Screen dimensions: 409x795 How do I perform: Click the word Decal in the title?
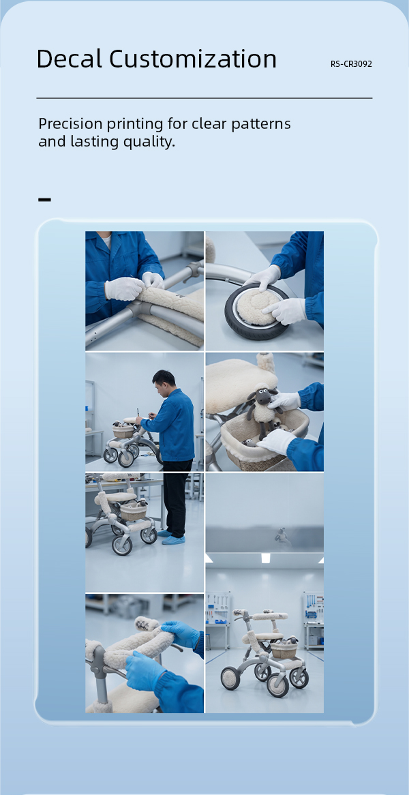click(69, 59)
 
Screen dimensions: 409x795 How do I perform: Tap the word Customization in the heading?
click(193, 59)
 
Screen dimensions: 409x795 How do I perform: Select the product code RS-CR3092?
click(351, 64)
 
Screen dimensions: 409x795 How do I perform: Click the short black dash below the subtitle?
click(44, 200)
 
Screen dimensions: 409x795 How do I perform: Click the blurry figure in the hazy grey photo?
click(282, 537)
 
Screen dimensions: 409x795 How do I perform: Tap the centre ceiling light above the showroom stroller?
click(266, 558)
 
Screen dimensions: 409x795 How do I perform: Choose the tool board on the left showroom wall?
click(218, 607)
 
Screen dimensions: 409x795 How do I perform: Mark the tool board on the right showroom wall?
click(314, 607)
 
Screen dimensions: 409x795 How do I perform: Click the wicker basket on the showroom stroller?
click(284, 650)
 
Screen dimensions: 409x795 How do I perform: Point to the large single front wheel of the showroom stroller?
click(230, 678)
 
